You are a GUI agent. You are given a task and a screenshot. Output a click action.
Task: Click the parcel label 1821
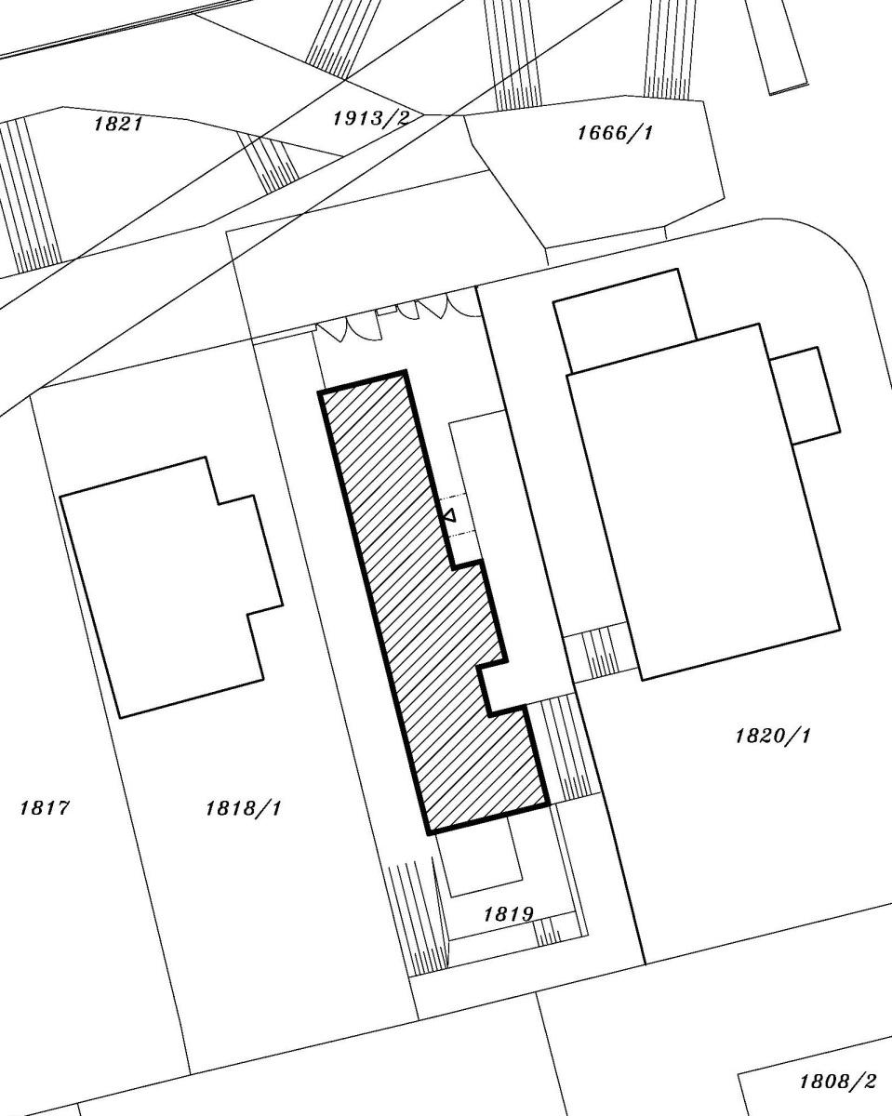pyautogui.click(x=118, y=125)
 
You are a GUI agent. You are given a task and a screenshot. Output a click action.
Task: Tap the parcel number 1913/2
pyautogui.click(x=371, y=119)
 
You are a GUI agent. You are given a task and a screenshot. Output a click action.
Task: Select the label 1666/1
pyautogui.click(x=615, y=133)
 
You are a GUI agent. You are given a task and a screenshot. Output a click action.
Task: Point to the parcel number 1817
pyautogui.click(x=44, y=807)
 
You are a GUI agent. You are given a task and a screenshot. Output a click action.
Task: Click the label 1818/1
pyautogui.click(x=243, y=808)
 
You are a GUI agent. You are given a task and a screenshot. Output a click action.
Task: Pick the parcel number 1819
pyautogui.click(x=508, y=914)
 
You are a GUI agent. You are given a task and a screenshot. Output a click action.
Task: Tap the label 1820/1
pyautogui.click(x=773, y=736)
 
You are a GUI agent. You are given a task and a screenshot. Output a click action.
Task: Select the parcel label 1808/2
pyautogui.click(x=837, y=1077)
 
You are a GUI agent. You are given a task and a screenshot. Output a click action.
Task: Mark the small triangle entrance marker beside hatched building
pyautogui.click(x=449, y=515)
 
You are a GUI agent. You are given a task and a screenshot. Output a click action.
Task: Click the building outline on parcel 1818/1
pyautogui.click(x=171, y=587)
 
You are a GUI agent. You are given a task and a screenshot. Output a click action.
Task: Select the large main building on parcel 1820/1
pyautogui.click(x=704, y=502)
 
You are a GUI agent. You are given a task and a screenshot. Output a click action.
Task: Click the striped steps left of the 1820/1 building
pyautogui.click(x=602, y=654)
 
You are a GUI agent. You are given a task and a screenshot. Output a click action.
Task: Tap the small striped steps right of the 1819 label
pyautogui.click(x=548, y=932)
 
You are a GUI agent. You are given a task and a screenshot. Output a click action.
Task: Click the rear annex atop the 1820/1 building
pyautogui.click(x=625, y=321)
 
